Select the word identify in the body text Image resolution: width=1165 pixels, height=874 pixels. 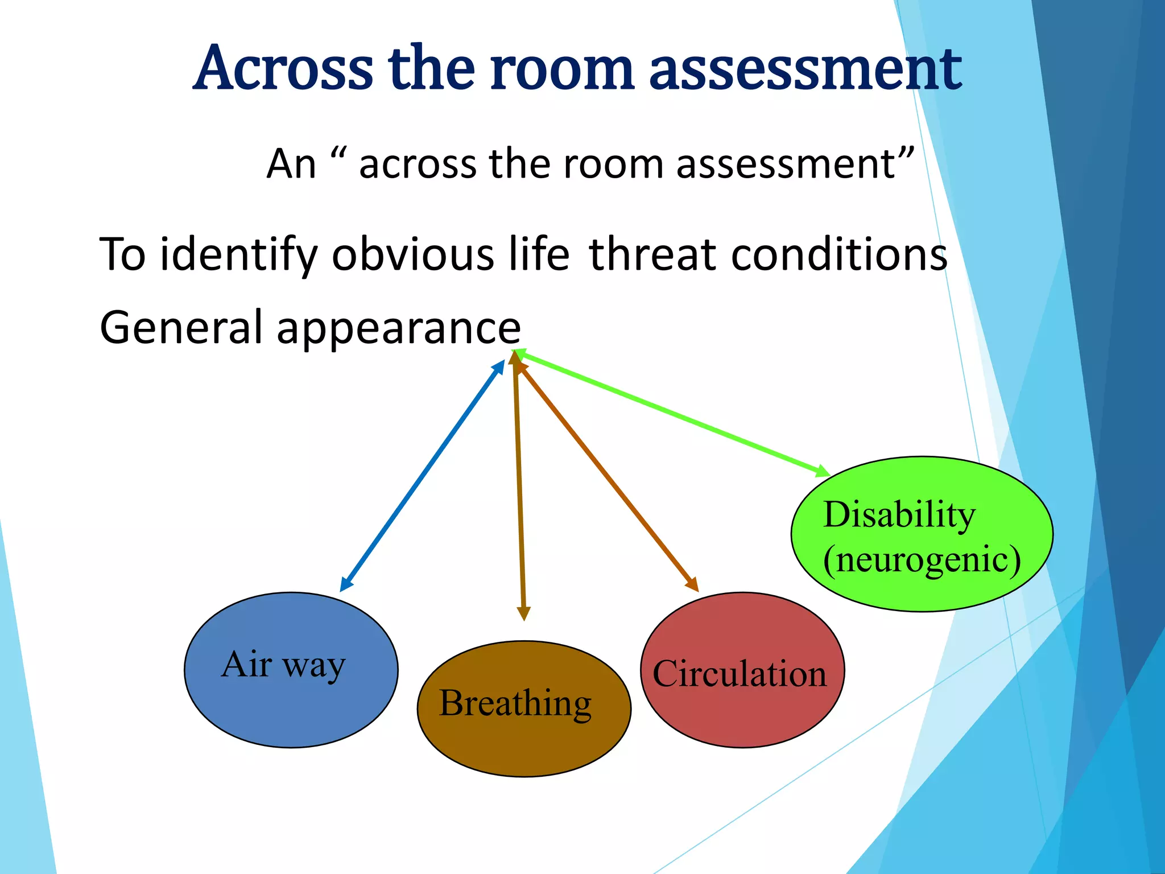[x=239, y=254]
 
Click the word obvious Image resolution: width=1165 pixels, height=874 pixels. [x=413, y=254]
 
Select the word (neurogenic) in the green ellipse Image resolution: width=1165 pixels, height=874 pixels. [x=922, y=560]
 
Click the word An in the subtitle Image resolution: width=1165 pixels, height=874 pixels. [x=291, y=164]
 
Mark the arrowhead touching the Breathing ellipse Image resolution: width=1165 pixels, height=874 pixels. [x=523, y=613]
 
